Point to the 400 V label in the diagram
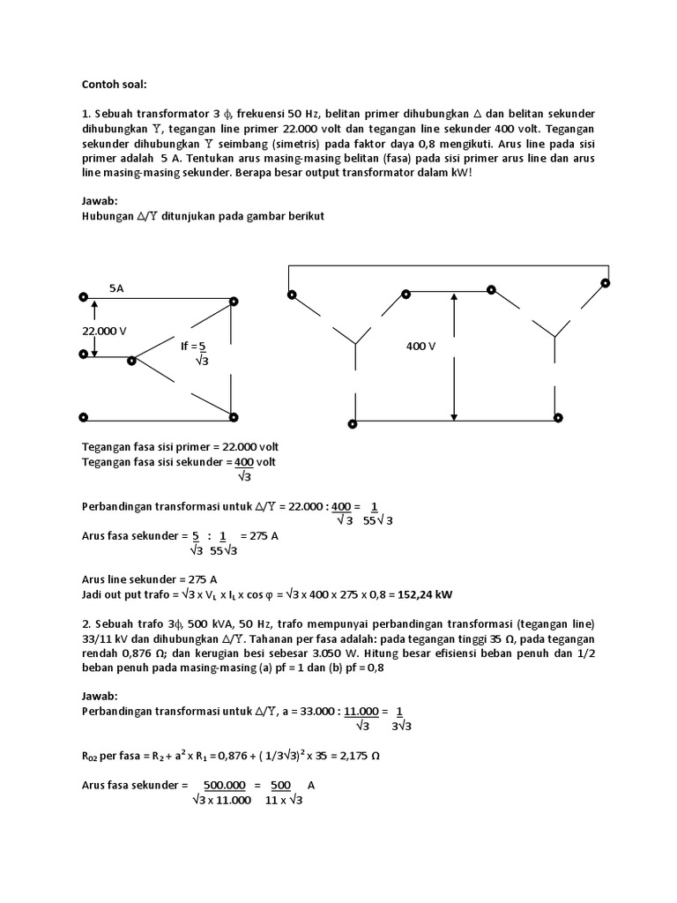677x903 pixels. (421, 347)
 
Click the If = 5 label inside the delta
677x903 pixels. (196, 347)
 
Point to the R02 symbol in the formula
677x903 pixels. (92, 756)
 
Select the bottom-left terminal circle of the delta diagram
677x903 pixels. (83, 418)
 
